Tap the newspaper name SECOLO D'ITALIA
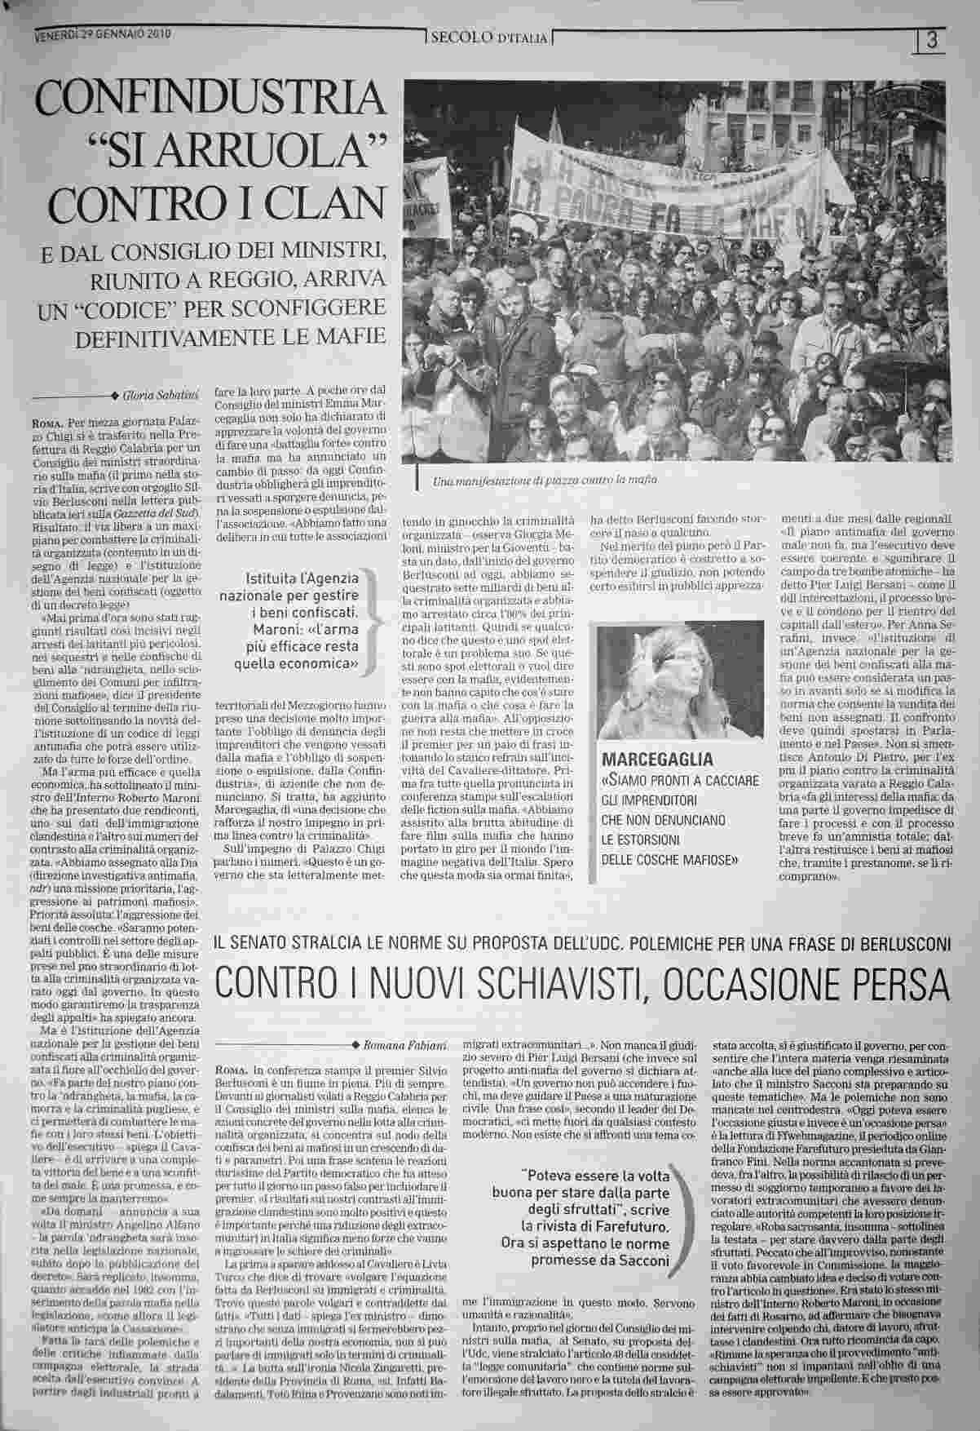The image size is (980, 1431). point(489,38)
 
